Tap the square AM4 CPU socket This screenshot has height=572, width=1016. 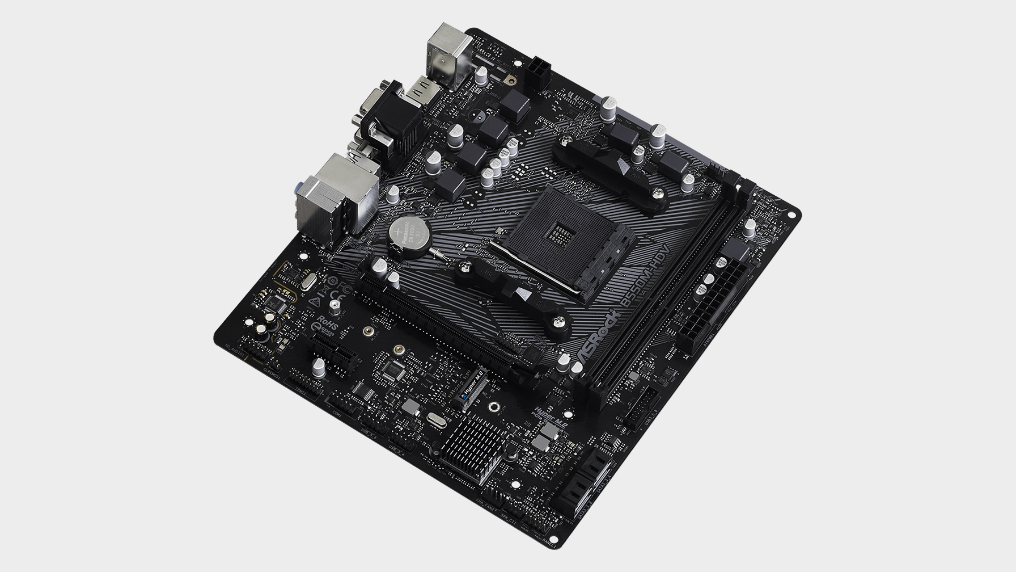561,230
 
